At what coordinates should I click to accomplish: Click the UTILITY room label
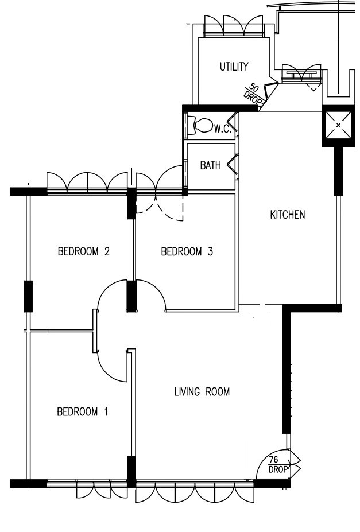(234, 66)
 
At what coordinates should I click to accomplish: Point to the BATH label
(210, 165)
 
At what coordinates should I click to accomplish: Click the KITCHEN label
(288, 215)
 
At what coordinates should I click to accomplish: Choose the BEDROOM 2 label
(83, 251)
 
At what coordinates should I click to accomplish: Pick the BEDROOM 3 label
(187, 251)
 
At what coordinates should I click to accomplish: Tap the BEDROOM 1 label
(83, 411)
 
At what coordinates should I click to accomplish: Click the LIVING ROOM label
(202, 391)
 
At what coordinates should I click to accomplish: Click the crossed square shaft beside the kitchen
(338, 126)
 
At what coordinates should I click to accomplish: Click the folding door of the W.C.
(233, 123)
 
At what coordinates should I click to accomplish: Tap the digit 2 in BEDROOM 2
(107, 251)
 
